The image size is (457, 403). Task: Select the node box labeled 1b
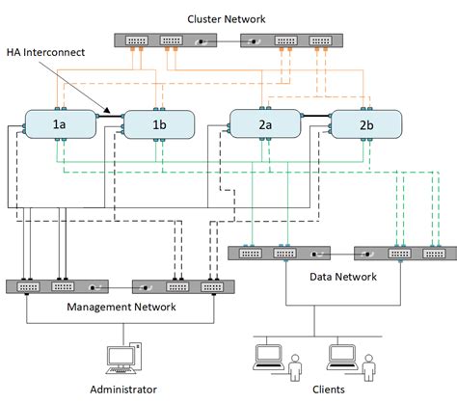click(159, 123)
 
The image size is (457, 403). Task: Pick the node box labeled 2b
click(364, 123)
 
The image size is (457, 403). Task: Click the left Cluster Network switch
click(171, 41)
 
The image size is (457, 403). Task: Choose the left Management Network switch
click(59, 286)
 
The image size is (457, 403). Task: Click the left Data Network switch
click(279, 254)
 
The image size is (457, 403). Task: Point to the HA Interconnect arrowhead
click(105, 113)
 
